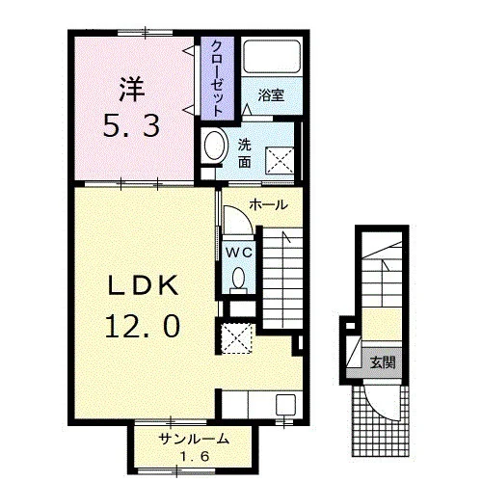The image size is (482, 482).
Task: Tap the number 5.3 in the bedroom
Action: [131, 126]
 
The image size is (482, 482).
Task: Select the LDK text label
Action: [144, 285]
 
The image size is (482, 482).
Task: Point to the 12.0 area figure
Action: [143, 326]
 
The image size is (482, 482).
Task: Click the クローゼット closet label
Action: [217, 79]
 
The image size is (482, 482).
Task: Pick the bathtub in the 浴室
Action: [272, 57]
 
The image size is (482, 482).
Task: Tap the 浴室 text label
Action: [271, 95]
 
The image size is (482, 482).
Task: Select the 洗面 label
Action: [245, 154]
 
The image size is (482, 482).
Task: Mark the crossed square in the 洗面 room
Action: [280, 161]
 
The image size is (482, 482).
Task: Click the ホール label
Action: [268, 204]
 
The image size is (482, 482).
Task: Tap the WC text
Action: [239, 253]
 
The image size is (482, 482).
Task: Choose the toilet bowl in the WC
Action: [238, 279]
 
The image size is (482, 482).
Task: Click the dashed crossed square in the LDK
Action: [237, 338]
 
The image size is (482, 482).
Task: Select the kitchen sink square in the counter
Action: [285, 404]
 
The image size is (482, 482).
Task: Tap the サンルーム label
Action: [195, 439]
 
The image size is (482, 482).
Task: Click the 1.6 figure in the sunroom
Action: [195, 456]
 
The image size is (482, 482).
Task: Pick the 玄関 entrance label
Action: [383, 362]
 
